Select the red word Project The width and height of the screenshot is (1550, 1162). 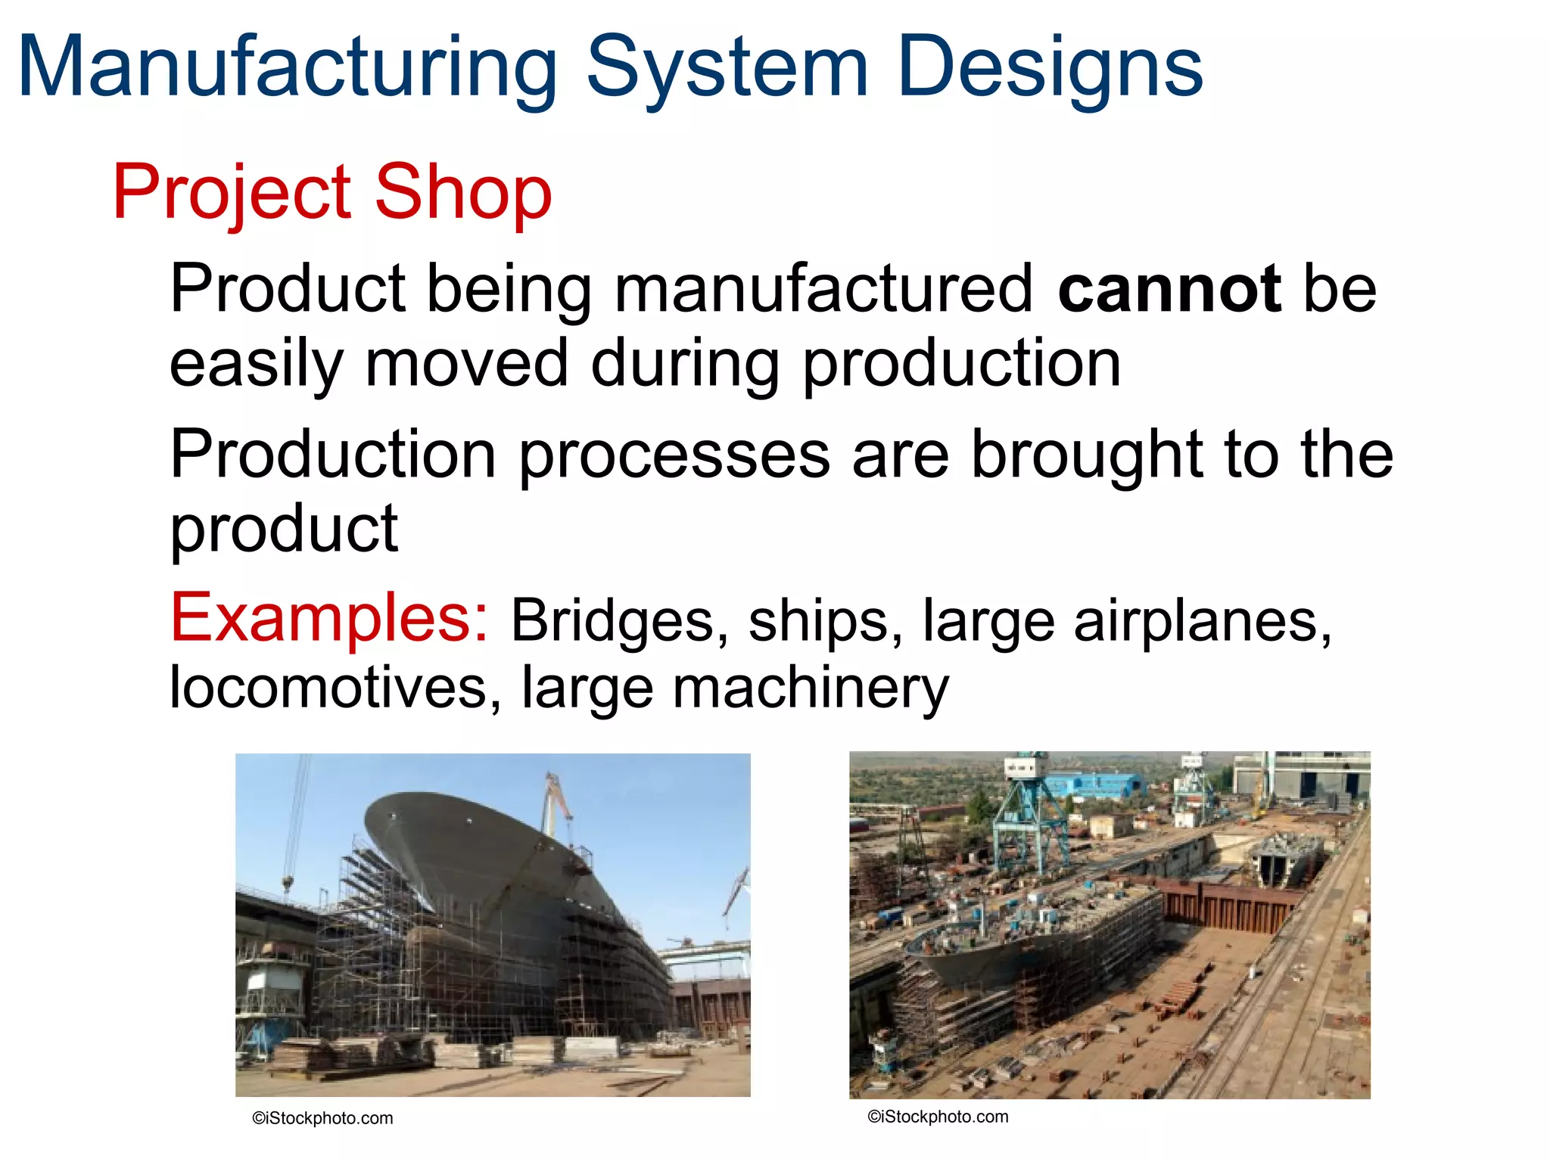[x=232, y=194]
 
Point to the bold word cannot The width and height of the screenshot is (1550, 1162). [x=1169, y=289]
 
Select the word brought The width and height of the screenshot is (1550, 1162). [x=1086, y=455]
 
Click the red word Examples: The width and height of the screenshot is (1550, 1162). [x=329, y=619]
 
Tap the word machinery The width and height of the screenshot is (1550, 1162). [x=810, y=688]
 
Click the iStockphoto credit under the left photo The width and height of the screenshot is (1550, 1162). [x=322, y=1118]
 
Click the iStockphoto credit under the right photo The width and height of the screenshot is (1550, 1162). [x=938, y=1117]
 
